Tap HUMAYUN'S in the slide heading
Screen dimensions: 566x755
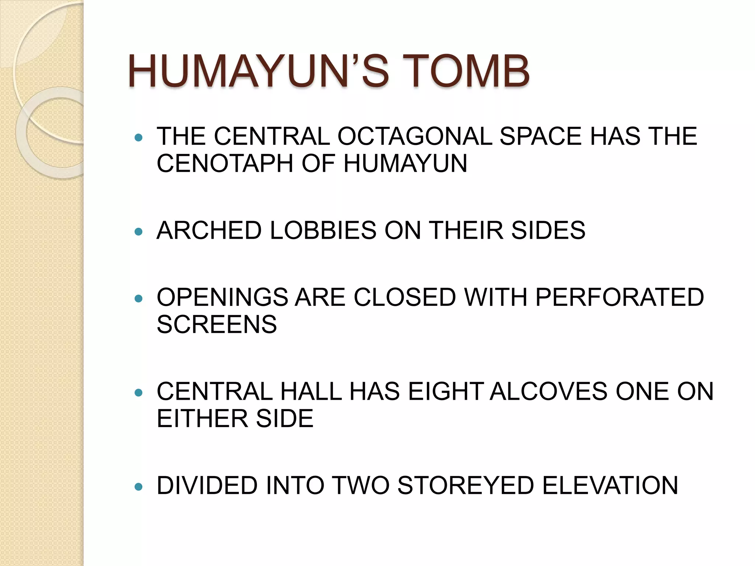[x=258, y=71]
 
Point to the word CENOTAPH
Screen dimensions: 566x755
[x=225, y=164]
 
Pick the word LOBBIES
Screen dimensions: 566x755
[x=323, y=231]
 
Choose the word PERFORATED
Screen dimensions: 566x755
[x=619, y=297]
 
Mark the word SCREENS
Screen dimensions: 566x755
[x=217, y=325]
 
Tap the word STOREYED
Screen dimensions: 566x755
[x=466, y=485]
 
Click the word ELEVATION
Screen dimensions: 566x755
[x=610, y=485]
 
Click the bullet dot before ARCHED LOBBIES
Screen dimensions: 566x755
[x=139, y=232]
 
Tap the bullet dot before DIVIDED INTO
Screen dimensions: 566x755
[x=139, y=487]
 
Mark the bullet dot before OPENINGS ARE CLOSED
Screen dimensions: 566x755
[x=139, y=298]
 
